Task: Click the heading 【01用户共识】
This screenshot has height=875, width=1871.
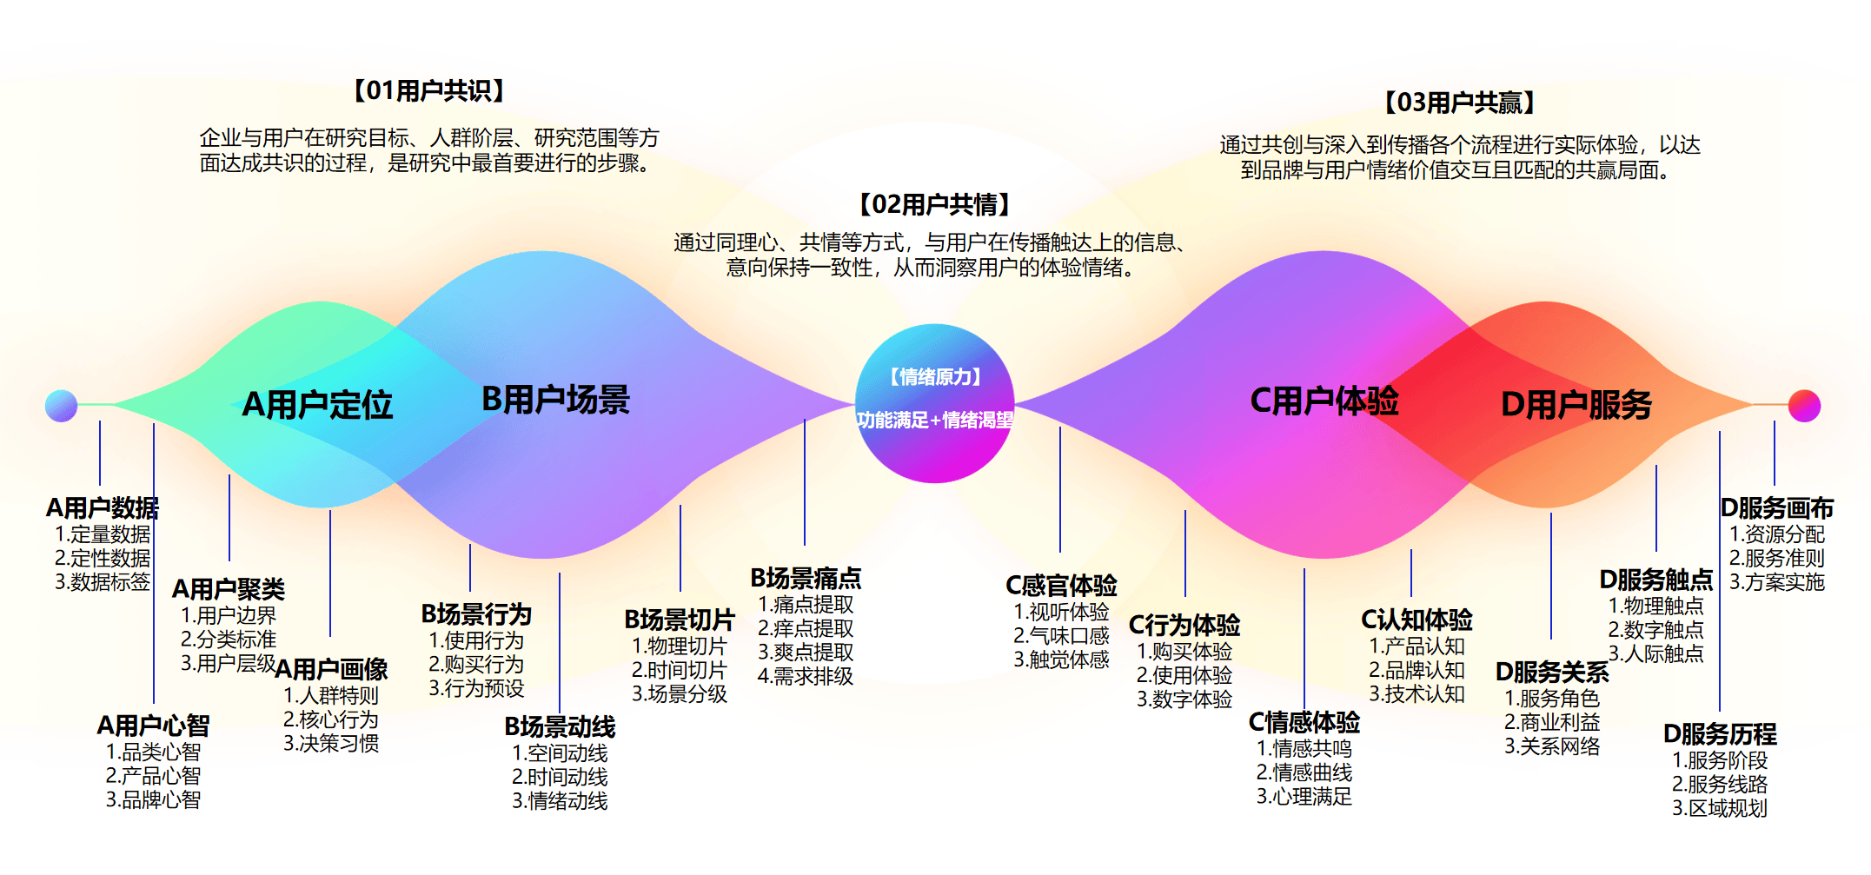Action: point(428,90)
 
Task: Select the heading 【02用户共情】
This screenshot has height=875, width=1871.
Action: point(934,204)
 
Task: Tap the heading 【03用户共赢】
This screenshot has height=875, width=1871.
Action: point(1459,103)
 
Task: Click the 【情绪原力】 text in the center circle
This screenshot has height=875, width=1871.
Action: point(935,376)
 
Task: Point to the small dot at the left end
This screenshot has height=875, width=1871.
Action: point(62,406)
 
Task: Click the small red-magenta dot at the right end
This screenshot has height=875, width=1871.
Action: point(1804,406)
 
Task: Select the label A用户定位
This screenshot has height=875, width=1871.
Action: point(317,405)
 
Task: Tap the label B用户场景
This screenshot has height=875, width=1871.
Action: point(555,400)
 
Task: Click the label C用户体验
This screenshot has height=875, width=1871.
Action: point(1324,401)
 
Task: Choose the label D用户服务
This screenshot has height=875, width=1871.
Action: point(1576,405)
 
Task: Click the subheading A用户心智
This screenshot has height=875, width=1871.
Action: point(153,726)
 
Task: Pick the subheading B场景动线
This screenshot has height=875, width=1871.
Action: point(560,726)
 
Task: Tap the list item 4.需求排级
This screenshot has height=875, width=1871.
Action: point(806,676)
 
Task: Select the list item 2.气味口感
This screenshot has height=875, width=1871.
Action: point(1061,636)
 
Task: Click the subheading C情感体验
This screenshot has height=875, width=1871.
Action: point(1304,722)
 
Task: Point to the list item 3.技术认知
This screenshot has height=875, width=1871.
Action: point(1417,694)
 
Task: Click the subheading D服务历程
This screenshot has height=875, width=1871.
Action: point(1720,734)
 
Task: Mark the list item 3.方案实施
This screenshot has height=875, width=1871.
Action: point(1776,582)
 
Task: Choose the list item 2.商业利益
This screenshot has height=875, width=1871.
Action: point(1552,722)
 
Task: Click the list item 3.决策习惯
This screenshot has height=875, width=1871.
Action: point(331,744)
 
